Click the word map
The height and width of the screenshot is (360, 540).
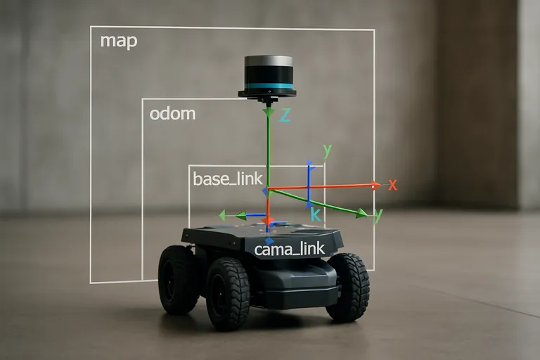(x=118, y=40)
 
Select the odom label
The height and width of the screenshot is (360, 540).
(x=172, y=113)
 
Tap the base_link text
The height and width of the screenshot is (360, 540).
(x=227, y=179)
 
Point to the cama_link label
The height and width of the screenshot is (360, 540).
(x=289, y=249)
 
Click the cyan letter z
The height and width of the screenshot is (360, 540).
(x=285, y=115)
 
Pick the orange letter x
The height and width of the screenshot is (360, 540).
(x=392, y=185)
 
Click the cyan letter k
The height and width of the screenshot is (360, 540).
(x=316, y=214)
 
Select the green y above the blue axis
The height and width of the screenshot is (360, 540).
(x=327, y=150)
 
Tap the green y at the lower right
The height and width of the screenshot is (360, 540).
(x=378, y=216)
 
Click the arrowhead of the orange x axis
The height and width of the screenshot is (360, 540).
(x=375, y=186)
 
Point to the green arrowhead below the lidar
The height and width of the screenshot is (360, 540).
(x=268, y=111)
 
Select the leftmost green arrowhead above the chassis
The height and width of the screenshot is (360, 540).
(x=223, y=216)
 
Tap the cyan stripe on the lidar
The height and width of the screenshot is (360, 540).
(x=268, y=86)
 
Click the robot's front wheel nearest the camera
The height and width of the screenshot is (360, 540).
(x=228, y=292)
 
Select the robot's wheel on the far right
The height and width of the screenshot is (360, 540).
(x=349, y=287)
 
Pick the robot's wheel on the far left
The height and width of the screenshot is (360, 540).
(x=176, y=279)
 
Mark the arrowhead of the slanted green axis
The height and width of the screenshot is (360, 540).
(x=361, y=213)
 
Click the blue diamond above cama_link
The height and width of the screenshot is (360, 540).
(x=269, y=240)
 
